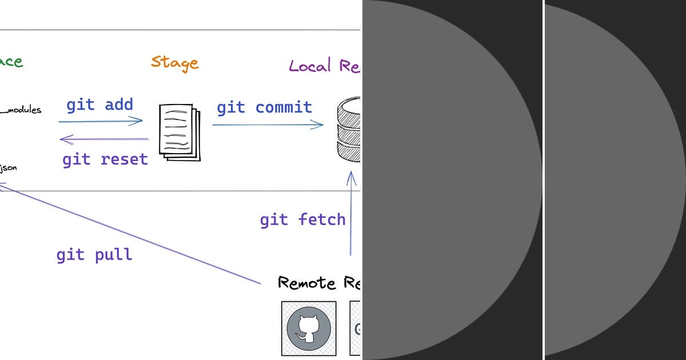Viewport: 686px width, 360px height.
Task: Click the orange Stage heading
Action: (x=174, y=62)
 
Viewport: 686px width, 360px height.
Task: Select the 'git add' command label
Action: (x=99, y=105)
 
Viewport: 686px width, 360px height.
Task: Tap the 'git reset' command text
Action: (x=105, y=159)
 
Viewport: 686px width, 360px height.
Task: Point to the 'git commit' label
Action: (x=264, y=107)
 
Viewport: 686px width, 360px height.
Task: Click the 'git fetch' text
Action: (x=302, y=220)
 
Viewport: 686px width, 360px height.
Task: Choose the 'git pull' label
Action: (x=94, y=254)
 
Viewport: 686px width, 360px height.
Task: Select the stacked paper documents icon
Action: (x=180, y=132)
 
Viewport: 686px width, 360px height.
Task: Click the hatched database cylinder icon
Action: (x=349, y=130)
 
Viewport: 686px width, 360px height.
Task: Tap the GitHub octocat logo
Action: (x=309, y=329)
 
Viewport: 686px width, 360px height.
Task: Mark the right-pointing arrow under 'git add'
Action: (x=101, y=121)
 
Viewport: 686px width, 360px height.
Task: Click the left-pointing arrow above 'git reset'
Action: (x=104, y=139)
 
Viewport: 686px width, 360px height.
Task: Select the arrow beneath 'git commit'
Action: (x=268, y=125)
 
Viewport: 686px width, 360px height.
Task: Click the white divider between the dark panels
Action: (x=543, y=180)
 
